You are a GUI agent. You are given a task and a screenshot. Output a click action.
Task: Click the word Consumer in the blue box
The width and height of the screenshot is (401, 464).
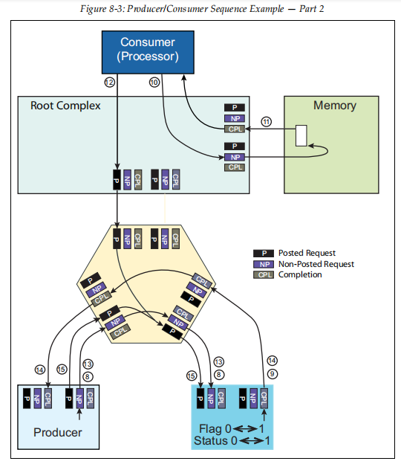[148, 42]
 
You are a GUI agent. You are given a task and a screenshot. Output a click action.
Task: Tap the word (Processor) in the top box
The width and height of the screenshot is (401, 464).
[148, 57]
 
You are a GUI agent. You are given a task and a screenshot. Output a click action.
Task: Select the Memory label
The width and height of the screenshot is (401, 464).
[334, 106]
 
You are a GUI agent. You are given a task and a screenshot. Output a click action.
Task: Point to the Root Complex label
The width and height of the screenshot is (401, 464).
[65, 106]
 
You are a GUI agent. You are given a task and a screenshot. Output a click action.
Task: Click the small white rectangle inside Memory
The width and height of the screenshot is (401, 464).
[301, 135]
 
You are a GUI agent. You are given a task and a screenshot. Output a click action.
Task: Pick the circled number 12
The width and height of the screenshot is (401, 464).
[110, 83]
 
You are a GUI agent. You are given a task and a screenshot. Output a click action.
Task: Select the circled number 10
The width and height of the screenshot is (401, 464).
[154, 83]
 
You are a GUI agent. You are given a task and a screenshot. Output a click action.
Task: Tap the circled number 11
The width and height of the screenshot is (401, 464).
[267, 121]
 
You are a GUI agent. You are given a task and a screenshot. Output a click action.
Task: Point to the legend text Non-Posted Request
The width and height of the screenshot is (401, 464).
[316, 264]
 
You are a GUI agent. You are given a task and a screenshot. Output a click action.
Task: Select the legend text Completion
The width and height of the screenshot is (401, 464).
[300, 274]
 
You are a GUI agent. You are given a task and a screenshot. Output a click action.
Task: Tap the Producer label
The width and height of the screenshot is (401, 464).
[58, 432]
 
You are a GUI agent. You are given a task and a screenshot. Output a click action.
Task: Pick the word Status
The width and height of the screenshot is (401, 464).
[210, 442]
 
